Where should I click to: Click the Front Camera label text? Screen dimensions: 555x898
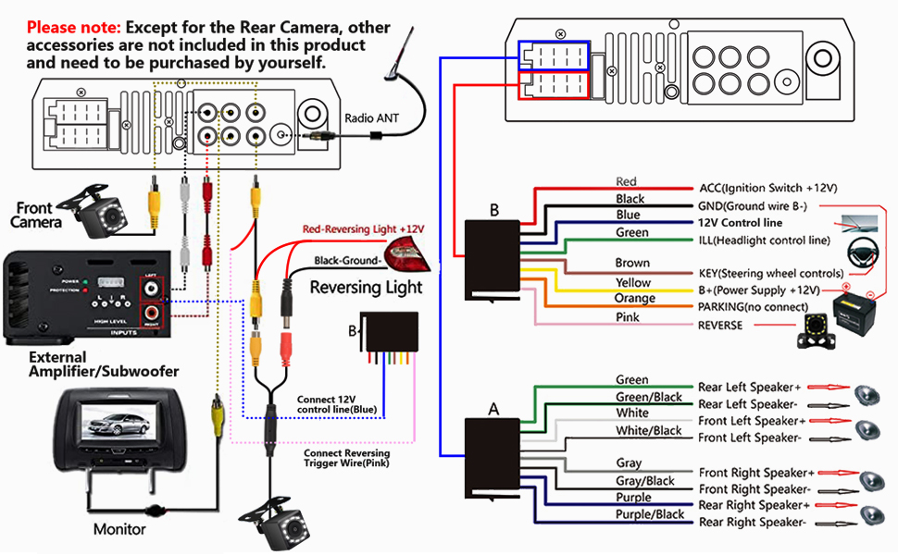click(x=37, y=216)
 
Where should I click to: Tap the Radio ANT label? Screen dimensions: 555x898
click(x=373, y=118)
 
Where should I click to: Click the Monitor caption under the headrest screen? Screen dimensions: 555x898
click(x=119, y=529)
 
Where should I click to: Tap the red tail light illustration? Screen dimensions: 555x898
click(x=406, y=251)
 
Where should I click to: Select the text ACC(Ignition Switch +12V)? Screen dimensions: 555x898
click(x=767, y=188)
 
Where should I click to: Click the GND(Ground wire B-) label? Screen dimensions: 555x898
click(x=765, y=205)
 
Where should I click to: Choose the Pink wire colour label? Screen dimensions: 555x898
click(x=628, y=317)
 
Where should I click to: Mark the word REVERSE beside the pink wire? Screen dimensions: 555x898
click(x=720, y=326)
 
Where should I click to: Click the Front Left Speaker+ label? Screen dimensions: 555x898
click(x=755, y=421)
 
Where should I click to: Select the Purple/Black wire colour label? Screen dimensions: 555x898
click(x=650, y=514)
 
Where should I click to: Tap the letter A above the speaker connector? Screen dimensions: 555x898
click(x=493, y=407)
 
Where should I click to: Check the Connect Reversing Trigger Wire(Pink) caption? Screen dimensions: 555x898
click(x=347, y=459)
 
